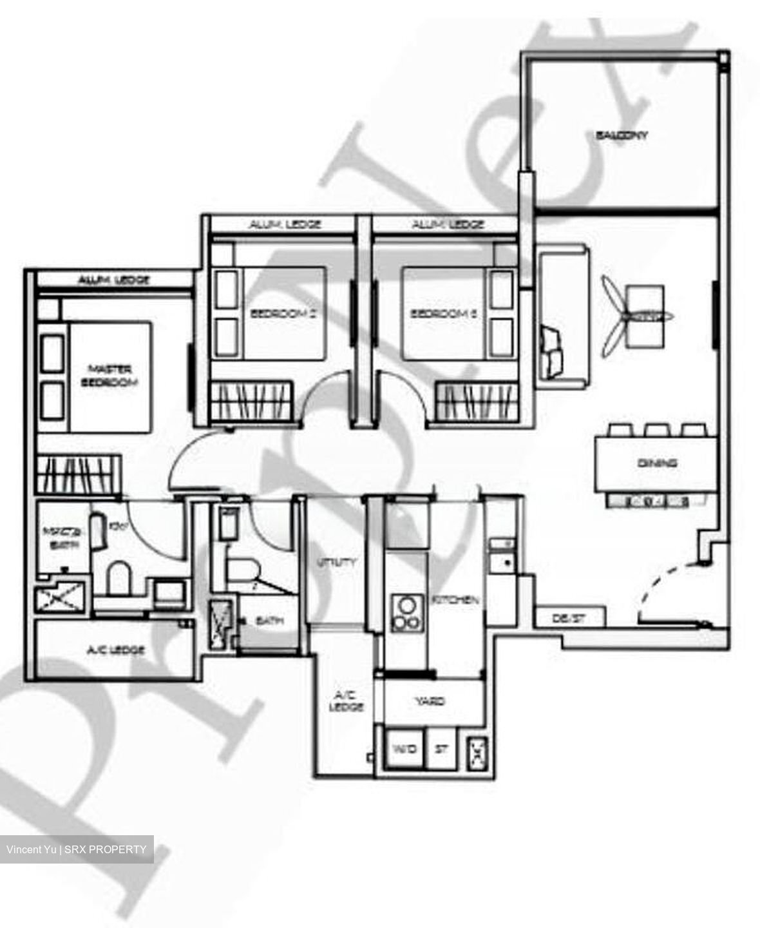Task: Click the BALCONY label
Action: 622,135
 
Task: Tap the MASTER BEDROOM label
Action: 109,376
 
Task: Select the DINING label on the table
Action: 657,463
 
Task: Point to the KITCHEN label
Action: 455,599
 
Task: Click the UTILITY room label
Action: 337,562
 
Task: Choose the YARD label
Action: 430,701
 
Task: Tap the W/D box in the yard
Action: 404,749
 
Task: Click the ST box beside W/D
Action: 442,749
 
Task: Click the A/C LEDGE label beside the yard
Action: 348,701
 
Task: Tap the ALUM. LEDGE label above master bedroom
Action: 114,280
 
